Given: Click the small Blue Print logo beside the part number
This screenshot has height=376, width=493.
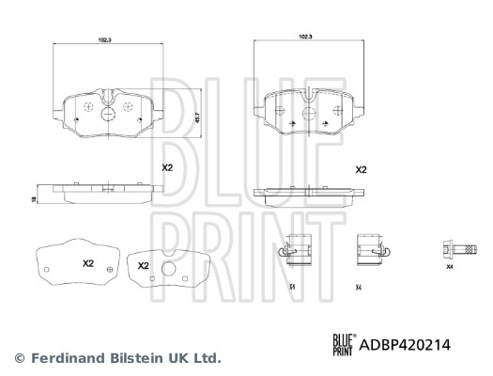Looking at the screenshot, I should (x=342, y=345).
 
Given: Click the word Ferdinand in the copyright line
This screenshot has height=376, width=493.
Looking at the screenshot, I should (x=65, y=357).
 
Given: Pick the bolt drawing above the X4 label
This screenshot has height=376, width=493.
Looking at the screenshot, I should (x=448, y=250).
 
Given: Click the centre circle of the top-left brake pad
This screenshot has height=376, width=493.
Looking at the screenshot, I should (x=105, y=115).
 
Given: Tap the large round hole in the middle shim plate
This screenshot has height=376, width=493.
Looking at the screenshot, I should (x=170, y=274).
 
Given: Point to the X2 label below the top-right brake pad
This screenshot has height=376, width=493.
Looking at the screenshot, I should (x=360, y=170).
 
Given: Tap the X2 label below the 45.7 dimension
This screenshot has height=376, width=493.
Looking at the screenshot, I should (x=167, y=167).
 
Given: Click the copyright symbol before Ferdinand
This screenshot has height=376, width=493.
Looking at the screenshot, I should (x=19, y=357).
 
